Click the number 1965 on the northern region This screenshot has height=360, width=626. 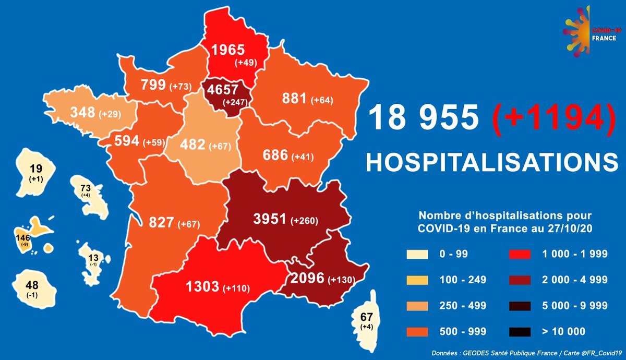227,50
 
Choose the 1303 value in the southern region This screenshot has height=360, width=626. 202,287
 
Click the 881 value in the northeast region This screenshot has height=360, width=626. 294,99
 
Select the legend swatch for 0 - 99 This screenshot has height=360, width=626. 417,255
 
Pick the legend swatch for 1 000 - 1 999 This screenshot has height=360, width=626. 520,255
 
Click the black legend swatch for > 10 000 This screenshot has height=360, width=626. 520,331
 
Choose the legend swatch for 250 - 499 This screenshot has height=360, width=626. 417,305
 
